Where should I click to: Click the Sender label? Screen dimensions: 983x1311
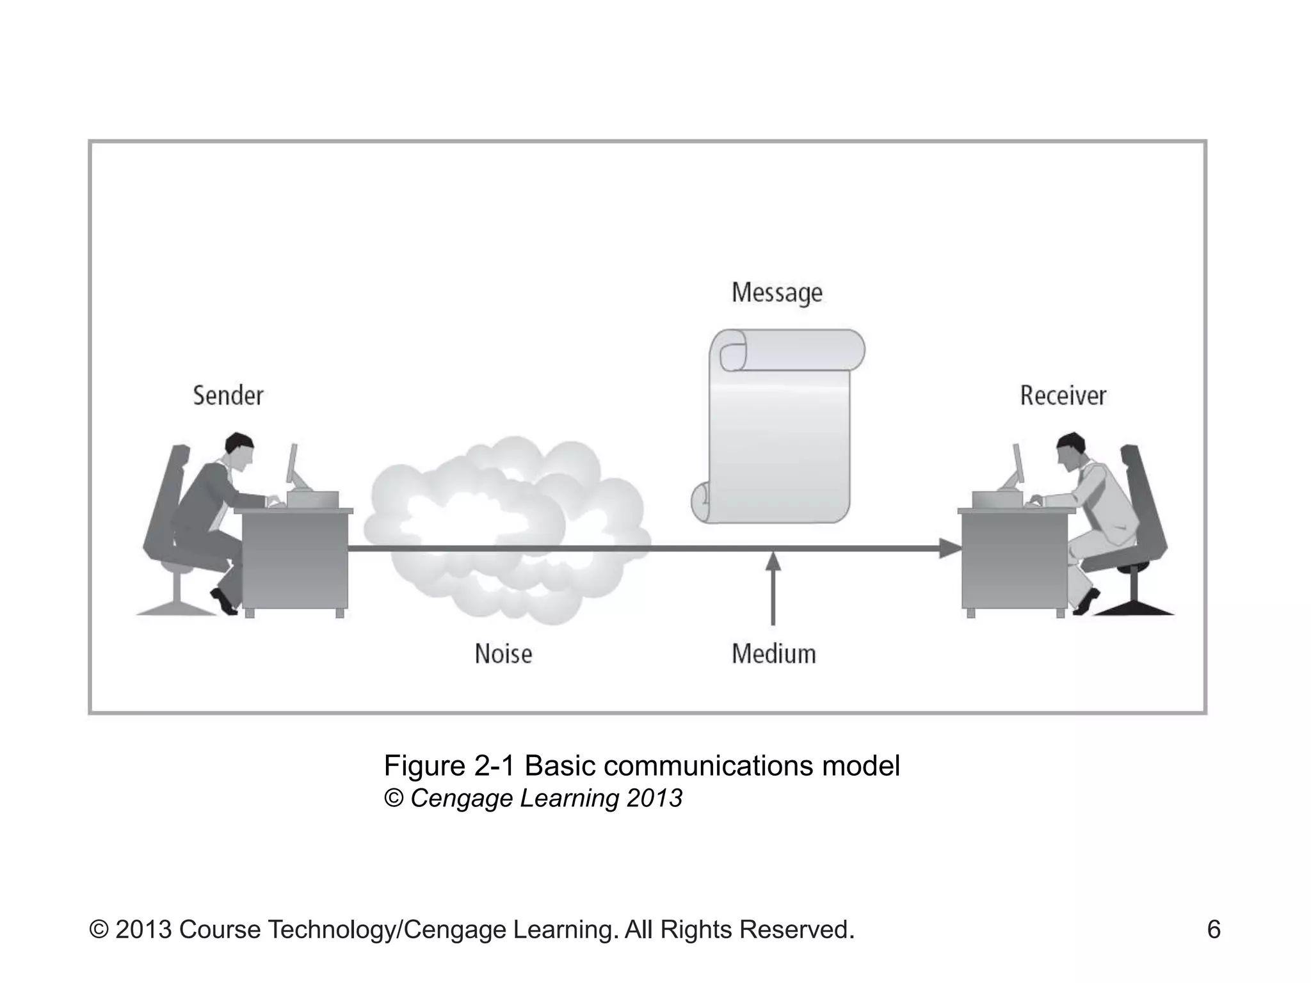point(228,396)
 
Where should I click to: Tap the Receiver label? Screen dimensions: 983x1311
point(1063,396)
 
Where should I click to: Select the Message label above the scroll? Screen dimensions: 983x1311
point(776,292)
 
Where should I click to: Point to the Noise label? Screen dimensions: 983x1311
point(503,654)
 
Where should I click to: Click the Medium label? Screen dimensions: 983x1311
point(773,654)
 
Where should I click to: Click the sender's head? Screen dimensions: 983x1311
point(239,448)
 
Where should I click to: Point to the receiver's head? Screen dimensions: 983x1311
point(1071,448)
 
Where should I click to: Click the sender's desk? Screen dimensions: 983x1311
point(294,560)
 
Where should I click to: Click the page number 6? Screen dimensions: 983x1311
point(1213,929)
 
